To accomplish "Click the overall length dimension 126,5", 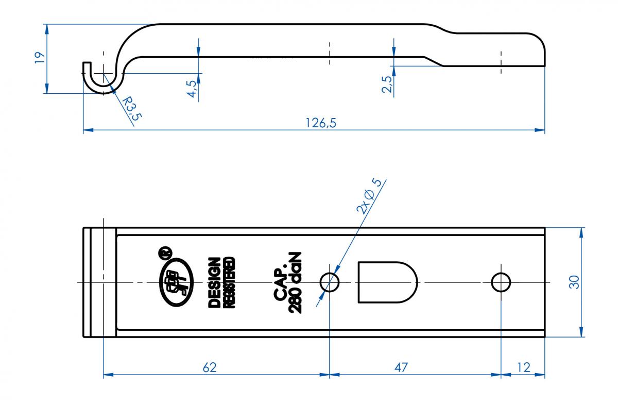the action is (x=321, y=123).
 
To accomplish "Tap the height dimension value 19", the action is (x=40, y=58).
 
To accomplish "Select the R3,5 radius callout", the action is (x=132, y=109).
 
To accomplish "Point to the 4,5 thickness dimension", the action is (x=193, y=88).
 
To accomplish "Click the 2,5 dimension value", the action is (x=387, y=84).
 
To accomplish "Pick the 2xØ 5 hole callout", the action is (x=369, y=196).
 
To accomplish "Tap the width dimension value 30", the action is (x=574, y=282).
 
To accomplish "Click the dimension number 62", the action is (x=210, y=367).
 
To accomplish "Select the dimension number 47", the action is (x=401, y=367).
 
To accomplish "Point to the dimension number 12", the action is (x=523, y=367).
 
